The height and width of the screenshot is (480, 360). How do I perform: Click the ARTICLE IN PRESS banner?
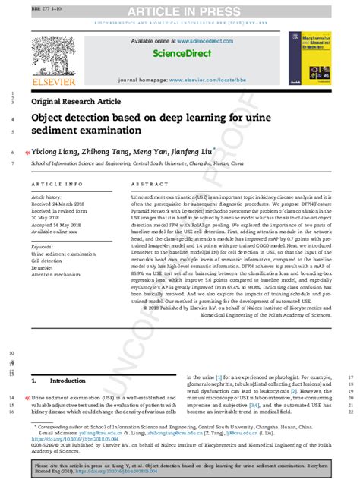[x=179, y=10]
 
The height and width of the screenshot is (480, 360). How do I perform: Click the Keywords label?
[x=43, y=246]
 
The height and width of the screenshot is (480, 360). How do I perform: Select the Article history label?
[x=50, y=196]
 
